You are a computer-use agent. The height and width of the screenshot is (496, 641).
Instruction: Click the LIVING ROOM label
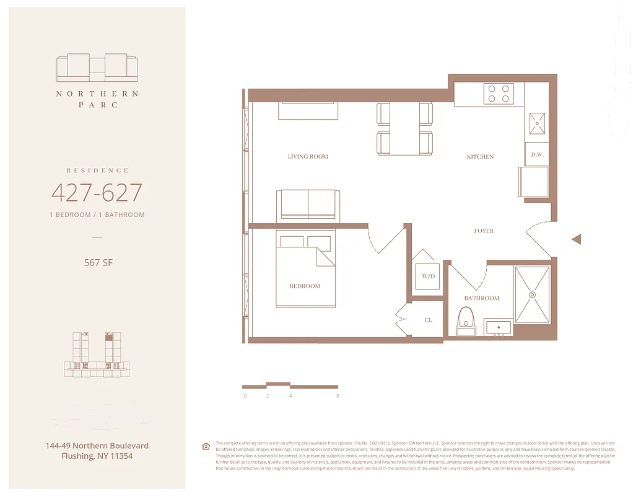pos(308,157)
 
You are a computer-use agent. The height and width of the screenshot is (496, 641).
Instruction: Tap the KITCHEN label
pos(480,157)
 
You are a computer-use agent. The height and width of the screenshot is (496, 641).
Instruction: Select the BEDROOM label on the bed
pos(305,286)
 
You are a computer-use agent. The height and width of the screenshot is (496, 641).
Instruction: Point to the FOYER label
pos(484,231)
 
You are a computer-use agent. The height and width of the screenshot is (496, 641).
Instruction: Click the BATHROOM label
pos(481,298)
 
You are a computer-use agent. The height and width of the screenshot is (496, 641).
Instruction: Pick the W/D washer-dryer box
pos(428,277)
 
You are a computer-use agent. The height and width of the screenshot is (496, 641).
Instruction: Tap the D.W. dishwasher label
pos(537,154)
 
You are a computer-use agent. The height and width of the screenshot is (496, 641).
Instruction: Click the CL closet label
pos(428,320)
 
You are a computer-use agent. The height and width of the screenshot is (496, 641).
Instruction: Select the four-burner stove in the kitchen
pos(499,93)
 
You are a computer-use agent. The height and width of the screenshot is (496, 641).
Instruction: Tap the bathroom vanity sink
pos(498,327)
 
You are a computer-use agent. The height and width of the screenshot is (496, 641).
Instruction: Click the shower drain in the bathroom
pos(531,295)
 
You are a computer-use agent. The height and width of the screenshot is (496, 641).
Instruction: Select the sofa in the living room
pos(308,204)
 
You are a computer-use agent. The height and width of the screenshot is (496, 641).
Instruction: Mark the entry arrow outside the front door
pos(576,239)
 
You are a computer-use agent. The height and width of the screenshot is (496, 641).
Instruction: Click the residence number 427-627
pos(97,193)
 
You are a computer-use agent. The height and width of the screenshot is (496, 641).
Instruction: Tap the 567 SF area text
pos(98,262)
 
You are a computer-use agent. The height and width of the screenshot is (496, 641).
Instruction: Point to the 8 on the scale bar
pos(337,396)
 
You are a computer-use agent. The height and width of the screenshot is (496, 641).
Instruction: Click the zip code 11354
pos(118,456)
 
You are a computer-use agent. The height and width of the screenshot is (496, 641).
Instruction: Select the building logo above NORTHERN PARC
pos(97,68)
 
